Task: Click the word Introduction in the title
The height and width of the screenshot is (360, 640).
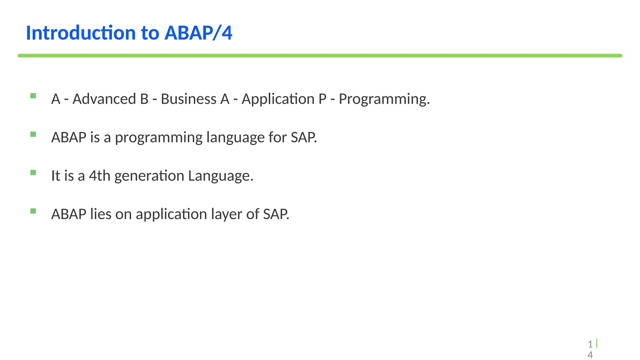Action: click(81, 33)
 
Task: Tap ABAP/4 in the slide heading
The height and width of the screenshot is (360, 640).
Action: click(198, 33)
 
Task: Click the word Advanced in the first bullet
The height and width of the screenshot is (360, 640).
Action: click(104, 99)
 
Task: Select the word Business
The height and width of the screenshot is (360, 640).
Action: click(188, 99)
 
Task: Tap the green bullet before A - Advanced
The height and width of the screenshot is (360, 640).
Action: click(33, 96)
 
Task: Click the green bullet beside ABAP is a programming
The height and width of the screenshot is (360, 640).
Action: click(33, 134)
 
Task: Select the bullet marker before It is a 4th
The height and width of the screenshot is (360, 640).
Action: click(33, 173)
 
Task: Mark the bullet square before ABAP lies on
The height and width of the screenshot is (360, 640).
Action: click(33, 211)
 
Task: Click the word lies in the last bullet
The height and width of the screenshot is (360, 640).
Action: click(101, 214)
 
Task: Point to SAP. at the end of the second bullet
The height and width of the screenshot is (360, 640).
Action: click(304, 137)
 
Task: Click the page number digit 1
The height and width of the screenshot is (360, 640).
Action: click(590, 344)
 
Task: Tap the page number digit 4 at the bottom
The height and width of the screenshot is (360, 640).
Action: click(590, 355)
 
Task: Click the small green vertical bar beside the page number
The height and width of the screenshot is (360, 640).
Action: click(597, 343)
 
